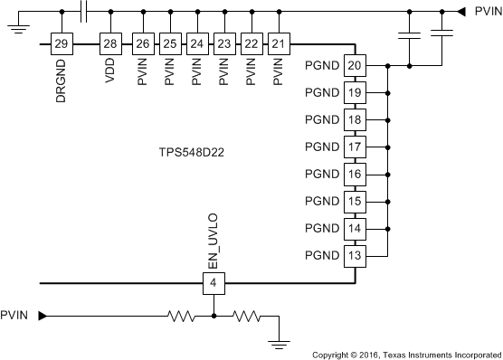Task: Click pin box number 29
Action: [62, 43]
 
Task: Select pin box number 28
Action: [110, 43]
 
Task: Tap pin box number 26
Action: [142, 43]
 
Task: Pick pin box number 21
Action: [280, 43]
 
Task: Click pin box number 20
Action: [355, 66]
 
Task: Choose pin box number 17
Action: [355, 147]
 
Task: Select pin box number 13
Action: [355, 256]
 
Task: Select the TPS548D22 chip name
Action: [187, 153]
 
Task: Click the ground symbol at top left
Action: [14, 28]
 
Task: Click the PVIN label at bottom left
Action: [15, 316]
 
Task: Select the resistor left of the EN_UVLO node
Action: [182, 316]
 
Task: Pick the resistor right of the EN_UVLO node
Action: [246, 316]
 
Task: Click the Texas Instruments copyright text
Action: [405, 354]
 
